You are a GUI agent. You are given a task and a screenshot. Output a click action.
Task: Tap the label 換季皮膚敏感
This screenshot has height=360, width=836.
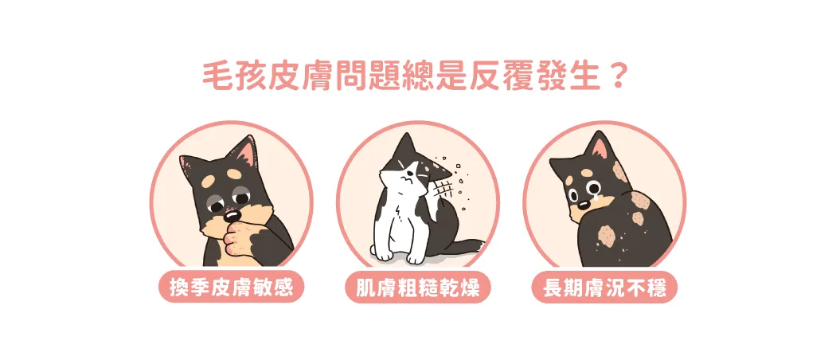coord(232,288)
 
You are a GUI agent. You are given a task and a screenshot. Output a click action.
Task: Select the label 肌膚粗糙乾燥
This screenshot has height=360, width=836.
coord(417,288)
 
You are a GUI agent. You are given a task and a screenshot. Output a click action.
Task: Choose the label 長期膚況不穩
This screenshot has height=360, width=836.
coord(604,288)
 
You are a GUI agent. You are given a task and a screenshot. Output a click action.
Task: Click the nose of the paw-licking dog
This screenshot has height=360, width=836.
coord(231,216)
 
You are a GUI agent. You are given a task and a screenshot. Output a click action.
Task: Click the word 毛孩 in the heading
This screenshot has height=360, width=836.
coord(225,77)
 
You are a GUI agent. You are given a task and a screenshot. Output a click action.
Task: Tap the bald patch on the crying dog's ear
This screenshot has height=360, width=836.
coord(620,172)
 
